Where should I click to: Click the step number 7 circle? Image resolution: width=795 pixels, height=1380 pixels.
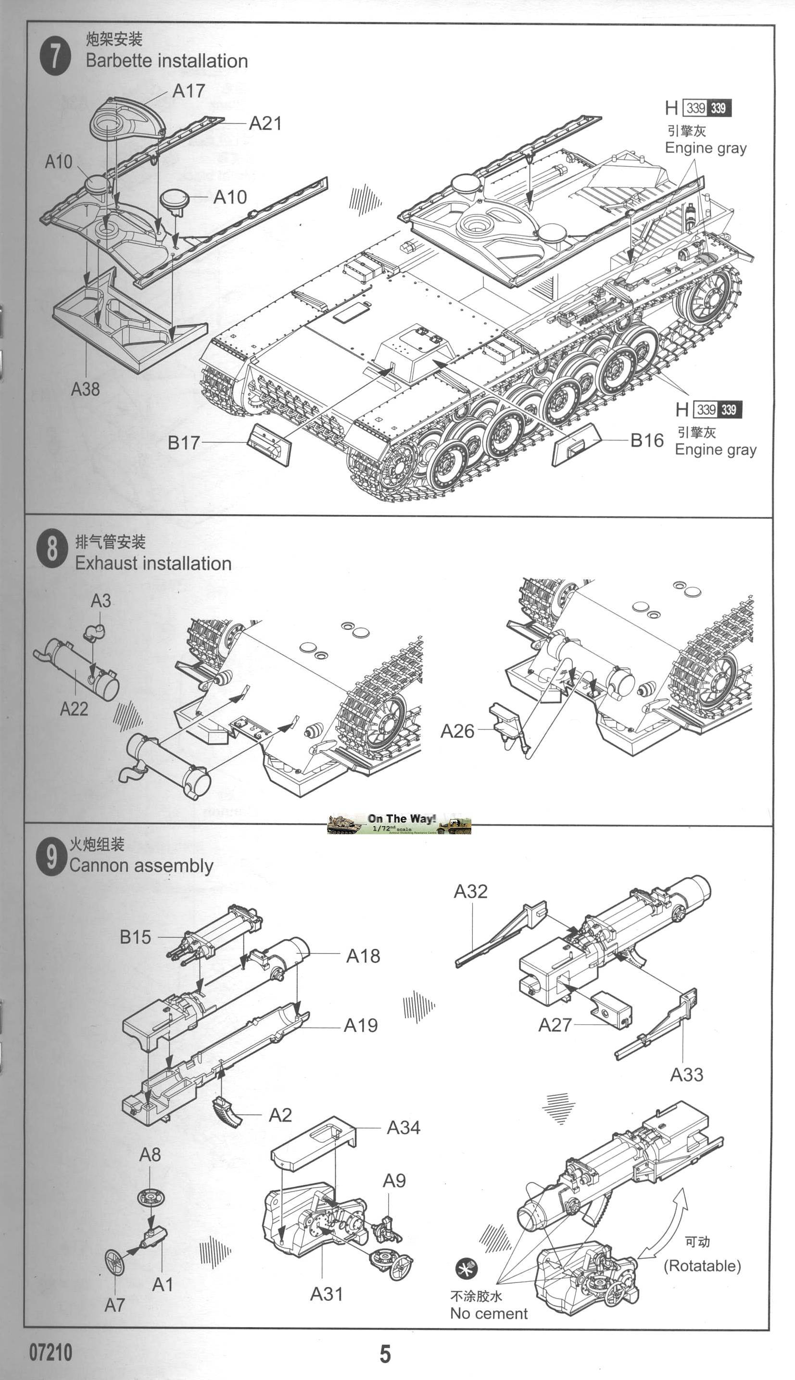click(x=55, y=56)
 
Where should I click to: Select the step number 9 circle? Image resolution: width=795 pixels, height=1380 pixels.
click(x=51, y=856)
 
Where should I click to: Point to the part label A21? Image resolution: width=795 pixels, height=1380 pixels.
click(x=265, y=124)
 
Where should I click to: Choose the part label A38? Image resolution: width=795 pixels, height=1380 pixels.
click(x=85, y=389)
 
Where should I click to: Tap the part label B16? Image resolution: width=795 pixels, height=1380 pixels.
click(x=646, y=440)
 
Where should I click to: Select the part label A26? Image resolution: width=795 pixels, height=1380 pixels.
click(x=457, y=731)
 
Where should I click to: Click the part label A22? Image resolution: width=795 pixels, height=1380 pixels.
click(x=74, y=709)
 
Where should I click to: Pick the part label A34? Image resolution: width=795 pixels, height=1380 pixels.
click(x=403, y=1127)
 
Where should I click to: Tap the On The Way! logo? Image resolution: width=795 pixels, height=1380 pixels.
click(x=399, y=824)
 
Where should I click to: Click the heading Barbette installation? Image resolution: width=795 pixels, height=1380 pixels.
click(x=166, y=61)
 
